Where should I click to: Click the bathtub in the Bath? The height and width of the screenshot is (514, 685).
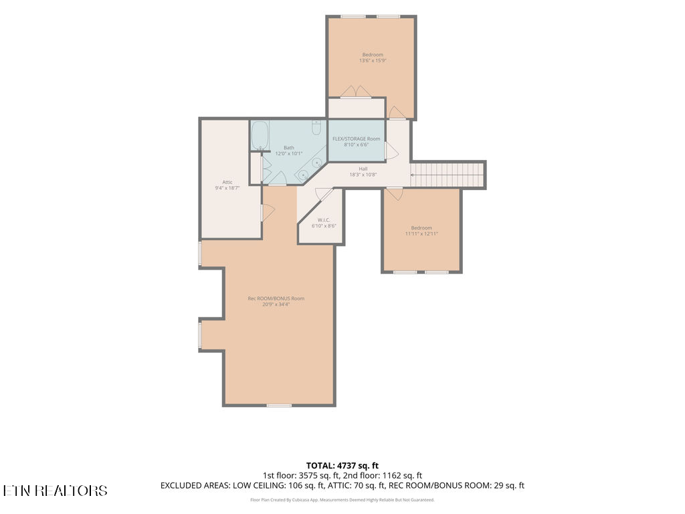point(260,135)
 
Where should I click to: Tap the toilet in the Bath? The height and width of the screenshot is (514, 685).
point(316,128)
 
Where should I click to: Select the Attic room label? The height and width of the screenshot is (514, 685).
point(227,182)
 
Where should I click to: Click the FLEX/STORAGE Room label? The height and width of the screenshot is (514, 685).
point(357,139)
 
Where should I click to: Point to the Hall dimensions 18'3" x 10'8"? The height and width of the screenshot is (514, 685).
point(363,175)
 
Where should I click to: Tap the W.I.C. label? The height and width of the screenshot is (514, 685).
point(324,220)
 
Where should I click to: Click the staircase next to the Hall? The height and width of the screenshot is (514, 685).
point(448,175)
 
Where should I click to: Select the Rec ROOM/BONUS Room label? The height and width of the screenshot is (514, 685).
point(276,298)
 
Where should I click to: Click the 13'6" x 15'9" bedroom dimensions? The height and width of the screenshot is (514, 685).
point(373,61)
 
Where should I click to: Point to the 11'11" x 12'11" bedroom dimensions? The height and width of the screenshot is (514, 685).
point(421,234)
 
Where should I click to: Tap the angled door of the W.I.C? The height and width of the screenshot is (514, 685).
point(324,193)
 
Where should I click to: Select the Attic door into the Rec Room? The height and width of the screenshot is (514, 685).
point(268,213)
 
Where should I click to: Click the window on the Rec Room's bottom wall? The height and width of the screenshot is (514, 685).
point(279,406)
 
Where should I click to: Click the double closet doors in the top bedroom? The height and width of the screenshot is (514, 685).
point(356,91)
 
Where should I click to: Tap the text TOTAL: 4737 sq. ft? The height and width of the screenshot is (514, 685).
point(342,466)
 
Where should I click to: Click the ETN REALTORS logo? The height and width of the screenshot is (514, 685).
point(55,491)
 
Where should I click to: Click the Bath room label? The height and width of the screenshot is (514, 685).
point(289,148)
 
